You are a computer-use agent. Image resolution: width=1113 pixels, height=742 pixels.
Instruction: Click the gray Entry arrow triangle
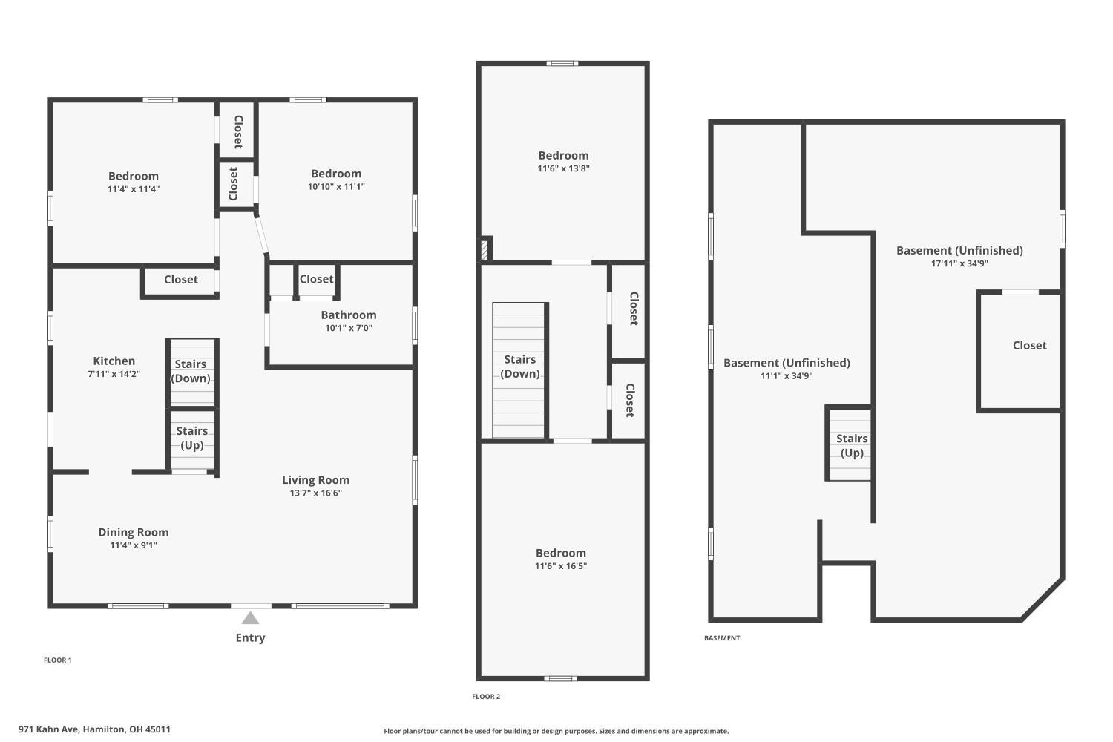click(x=251, y=618)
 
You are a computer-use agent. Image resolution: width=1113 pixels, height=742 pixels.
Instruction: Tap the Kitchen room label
click(x=114, y=361)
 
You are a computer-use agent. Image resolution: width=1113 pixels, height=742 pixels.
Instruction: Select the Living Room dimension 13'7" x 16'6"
click(x=316, y=493)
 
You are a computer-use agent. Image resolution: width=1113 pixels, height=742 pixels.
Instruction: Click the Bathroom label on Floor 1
click(x=349, y=315)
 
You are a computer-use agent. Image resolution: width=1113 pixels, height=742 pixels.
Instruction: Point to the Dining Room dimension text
click(x=134, y=545)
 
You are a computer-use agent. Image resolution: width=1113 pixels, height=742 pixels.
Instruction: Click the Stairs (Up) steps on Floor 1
click(x=192, y=439)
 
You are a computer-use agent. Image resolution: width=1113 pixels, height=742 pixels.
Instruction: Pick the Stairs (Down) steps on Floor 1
click(x=192, y=372)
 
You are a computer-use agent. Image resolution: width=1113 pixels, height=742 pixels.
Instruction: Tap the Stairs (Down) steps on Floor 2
click(x=519, y=370)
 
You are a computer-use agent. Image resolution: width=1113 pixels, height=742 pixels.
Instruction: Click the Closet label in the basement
click(x=1030, y=346)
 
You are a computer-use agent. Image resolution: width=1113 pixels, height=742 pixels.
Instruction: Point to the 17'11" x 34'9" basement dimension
click(x=959, y=263)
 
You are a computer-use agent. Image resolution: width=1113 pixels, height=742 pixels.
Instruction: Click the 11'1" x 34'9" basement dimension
click(x=787, y=375)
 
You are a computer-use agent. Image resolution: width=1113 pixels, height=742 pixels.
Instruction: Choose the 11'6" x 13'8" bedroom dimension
click(x=563, y=168)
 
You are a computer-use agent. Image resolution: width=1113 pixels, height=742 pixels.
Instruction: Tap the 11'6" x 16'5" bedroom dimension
click(x=561, y=566)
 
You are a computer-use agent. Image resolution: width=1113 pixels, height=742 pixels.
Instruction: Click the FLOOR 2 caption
click(x=486, y=696)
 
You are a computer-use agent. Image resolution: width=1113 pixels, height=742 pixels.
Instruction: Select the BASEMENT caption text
click(x=722, y=637)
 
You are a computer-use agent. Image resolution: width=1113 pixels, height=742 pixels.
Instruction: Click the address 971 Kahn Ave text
click(x=48, y=729)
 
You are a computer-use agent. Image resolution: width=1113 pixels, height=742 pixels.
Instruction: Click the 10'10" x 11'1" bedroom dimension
click(x=336, y=187)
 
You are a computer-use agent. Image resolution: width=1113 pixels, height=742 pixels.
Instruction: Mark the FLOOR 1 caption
click(x=58, y=660)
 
